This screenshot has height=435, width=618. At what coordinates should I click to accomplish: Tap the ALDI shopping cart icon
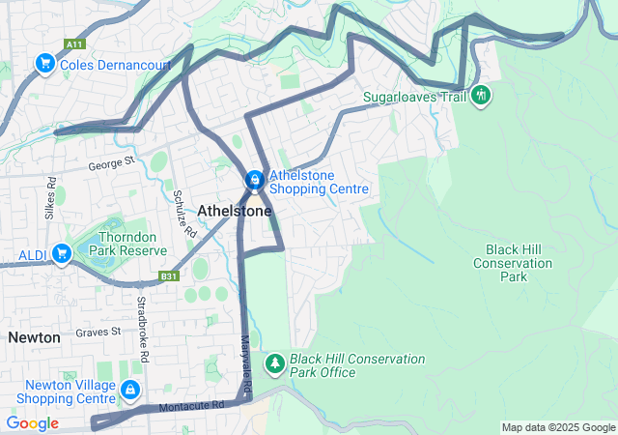(x=62, y=253)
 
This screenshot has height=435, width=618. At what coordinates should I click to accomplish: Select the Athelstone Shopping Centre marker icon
(x=254, y=180)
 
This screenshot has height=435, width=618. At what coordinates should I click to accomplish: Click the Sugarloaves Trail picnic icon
(x=480, y=96)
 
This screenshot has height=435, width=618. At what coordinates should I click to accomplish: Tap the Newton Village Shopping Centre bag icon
(x=130, y=391)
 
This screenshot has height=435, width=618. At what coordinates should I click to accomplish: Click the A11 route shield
(x=74, y=44)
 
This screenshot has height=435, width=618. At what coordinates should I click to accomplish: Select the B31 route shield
(x=170, y=276)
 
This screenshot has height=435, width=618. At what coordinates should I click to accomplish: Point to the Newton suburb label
(x=35, y=337)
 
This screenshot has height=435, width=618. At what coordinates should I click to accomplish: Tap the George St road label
(x=109, y=165)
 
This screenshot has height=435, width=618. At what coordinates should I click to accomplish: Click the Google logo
(x=32, y=423)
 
